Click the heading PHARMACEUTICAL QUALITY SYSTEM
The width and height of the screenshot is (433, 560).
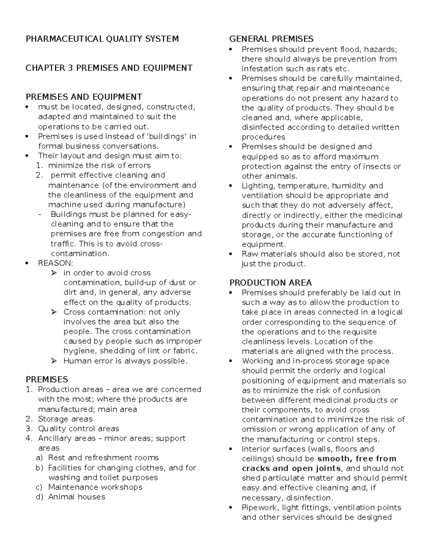[x=102, y=39]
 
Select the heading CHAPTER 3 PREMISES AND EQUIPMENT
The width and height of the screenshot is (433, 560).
[x=109, y=68]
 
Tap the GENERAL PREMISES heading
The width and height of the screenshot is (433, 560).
[x=271, y=39]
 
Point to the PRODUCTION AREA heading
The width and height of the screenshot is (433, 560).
[x=271, y=283]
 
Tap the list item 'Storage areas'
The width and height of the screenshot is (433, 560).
[x=65, y=419]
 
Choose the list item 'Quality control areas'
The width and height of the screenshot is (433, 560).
[x=78, y=429]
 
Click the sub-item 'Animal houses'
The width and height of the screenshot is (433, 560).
[x=76, y=497]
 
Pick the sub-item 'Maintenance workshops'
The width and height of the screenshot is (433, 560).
[x=95, y=487]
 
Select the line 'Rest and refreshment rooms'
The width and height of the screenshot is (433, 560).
[x=103, y=458]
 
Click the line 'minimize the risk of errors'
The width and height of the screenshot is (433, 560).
[x=99, y=166]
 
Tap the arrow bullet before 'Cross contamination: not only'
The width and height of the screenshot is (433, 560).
[x=54, y=312]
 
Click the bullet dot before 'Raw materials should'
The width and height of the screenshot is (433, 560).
[x=231, y=254]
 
